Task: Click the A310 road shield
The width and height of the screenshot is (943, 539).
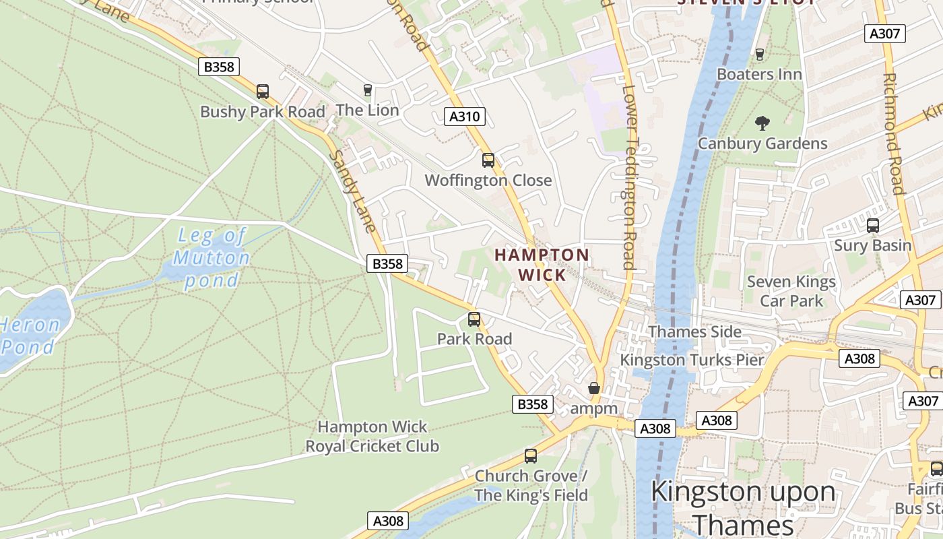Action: (x=465, y=117)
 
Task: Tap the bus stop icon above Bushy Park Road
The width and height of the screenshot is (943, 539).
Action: (x=263, y=92)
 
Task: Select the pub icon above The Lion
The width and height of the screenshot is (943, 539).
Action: (x=367, y=90)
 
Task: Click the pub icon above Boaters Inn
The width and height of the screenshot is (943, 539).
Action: (x=760, y=55)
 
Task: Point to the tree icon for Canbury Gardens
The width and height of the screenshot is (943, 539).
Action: (x=762, y=123)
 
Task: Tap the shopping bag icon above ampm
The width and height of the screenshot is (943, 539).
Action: (x=593, y=389)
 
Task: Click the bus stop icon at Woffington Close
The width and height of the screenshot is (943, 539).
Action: (x=488, y=160)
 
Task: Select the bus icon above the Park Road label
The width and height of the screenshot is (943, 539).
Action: (x=474, y=319)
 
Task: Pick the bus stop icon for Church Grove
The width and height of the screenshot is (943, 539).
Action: (x=531, y=456)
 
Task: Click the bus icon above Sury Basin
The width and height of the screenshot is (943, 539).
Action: (x=873, y=226)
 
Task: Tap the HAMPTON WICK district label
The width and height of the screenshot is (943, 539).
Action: (x=542, y=265)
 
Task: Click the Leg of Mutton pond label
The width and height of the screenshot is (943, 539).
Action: (x=211, y=258)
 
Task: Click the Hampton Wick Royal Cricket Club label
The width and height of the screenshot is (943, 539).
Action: (x=372, y=437)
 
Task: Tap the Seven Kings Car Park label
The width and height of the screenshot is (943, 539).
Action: (x=791, y=291)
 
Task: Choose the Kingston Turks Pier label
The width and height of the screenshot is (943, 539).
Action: (x=692, y=360)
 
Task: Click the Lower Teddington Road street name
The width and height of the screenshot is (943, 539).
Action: (x=628, y=177)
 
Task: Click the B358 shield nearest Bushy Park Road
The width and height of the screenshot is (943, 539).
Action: (x=219, y=67)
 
